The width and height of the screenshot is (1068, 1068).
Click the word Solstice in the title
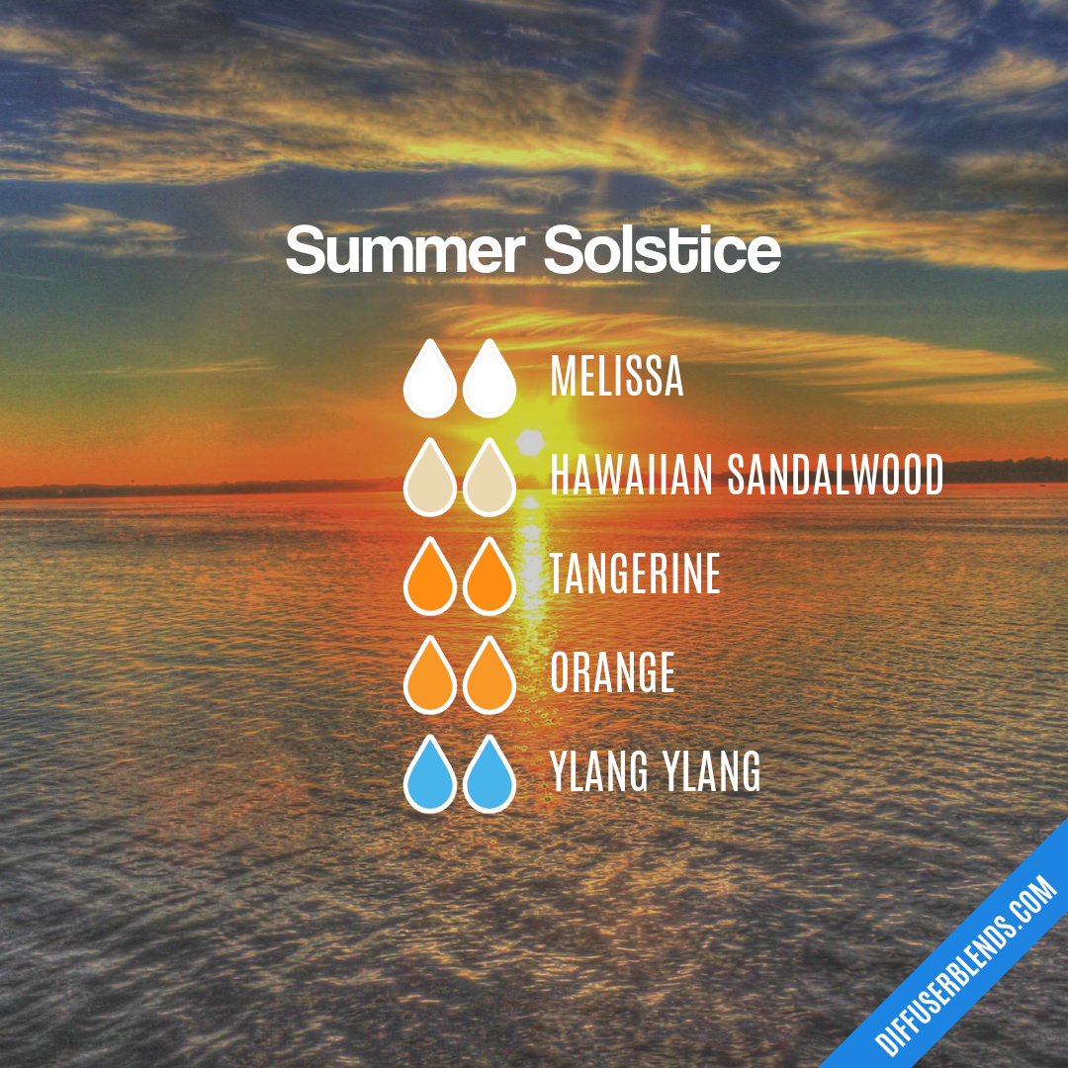tap(662, 252)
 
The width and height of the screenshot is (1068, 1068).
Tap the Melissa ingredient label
tap(616, 376)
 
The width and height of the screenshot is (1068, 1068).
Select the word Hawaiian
tap(631, 476)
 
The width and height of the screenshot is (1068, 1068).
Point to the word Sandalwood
tap(836, 476)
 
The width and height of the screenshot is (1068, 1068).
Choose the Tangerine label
tap(635, 575)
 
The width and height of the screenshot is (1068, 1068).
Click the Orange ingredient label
tap(612, 673)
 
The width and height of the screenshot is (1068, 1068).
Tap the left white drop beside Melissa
tap(430, 383)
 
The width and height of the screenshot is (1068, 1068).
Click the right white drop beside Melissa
tap(489, 383)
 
